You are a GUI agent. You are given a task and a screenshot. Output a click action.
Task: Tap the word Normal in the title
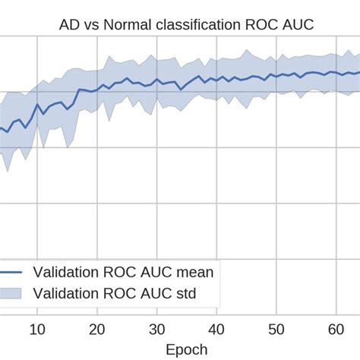pyautogui.click(x=125, y=26)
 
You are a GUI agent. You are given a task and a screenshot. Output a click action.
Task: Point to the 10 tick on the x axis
pyautogui.click(x=36, y=329)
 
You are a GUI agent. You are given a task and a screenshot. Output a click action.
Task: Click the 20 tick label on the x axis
pyautogui.click(x=96, y=329)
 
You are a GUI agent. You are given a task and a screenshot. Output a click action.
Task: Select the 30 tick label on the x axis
pyautogui.click(x=156, y=329)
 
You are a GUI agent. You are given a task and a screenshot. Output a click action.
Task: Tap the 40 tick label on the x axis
pyautogui.click(x=216, y=329)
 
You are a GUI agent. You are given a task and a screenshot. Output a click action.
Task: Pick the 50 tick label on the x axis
pyautogui.click(x=276, y=329)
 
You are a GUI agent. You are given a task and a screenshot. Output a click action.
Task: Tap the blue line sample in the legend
pyautogui.click(x=9, y=271)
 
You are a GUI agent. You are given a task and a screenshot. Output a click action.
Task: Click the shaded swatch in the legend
pyautogui.click(x=9, y=293)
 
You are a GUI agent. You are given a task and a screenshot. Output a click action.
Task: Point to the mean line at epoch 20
pyautogui.click(x=96, y=90)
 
